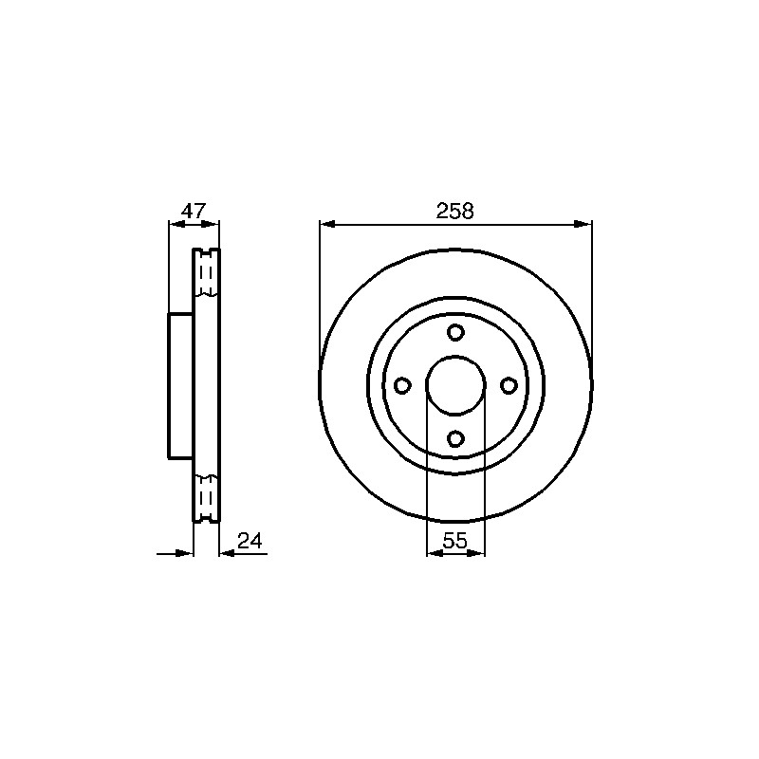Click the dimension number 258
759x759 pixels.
(455, 211)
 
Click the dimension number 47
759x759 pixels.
(194, 211)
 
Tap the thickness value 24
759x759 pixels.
(250, 541)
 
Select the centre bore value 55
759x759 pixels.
(455, 541)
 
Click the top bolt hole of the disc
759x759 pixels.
(455, 333)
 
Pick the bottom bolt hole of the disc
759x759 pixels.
(455, 438)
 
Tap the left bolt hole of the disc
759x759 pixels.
(402, 386)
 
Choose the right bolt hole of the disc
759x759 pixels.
(509, 386)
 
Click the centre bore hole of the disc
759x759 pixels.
(455, 385)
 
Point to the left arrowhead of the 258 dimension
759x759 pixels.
(327, 224)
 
